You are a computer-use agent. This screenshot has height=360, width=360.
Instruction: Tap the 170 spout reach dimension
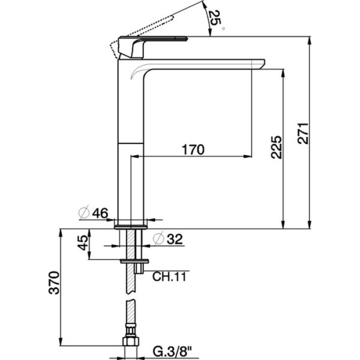(x=193, y=149)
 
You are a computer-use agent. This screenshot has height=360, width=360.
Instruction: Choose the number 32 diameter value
(x=173, y=238)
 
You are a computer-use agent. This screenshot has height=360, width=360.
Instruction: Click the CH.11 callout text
(x=169, y=277)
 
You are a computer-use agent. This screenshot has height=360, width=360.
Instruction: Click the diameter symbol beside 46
(x=85, y=212)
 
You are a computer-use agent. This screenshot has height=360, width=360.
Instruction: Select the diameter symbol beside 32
(x=158, y=238)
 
